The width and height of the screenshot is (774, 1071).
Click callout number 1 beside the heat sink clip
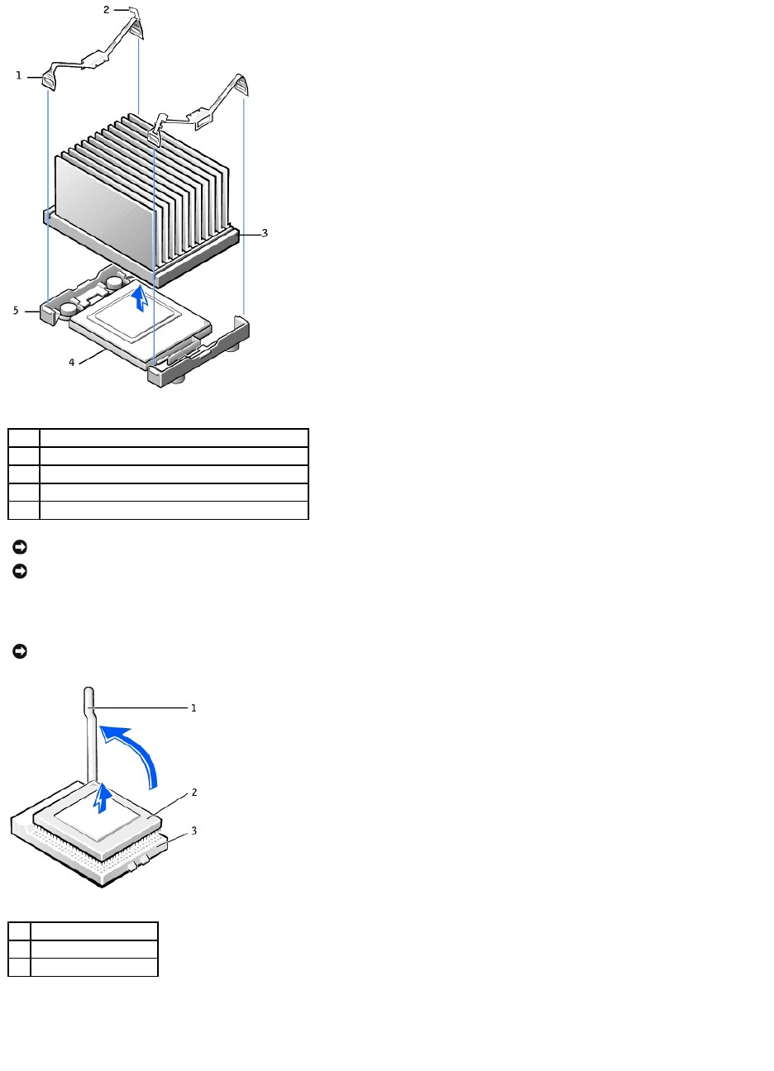tap(18, 75)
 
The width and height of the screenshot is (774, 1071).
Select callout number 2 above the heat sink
tap(106, 10)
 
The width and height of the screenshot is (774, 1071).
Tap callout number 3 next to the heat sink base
tap(265, 233)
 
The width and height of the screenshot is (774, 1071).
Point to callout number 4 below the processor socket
tap(71, 362)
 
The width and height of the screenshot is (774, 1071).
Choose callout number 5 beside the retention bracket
tap(15, 311)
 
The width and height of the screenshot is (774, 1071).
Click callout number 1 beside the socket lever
tap(193, 708)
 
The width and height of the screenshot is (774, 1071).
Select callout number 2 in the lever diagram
tap(193, 793)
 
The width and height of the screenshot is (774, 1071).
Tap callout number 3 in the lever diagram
tap(193, 831)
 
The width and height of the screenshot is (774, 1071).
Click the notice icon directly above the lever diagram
tap(20, 652)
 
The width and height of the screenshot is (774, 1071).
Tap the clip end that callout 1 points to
tap(49, 79)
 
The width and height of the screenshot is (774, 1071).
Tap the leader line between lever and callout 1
tap(141, 707)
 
